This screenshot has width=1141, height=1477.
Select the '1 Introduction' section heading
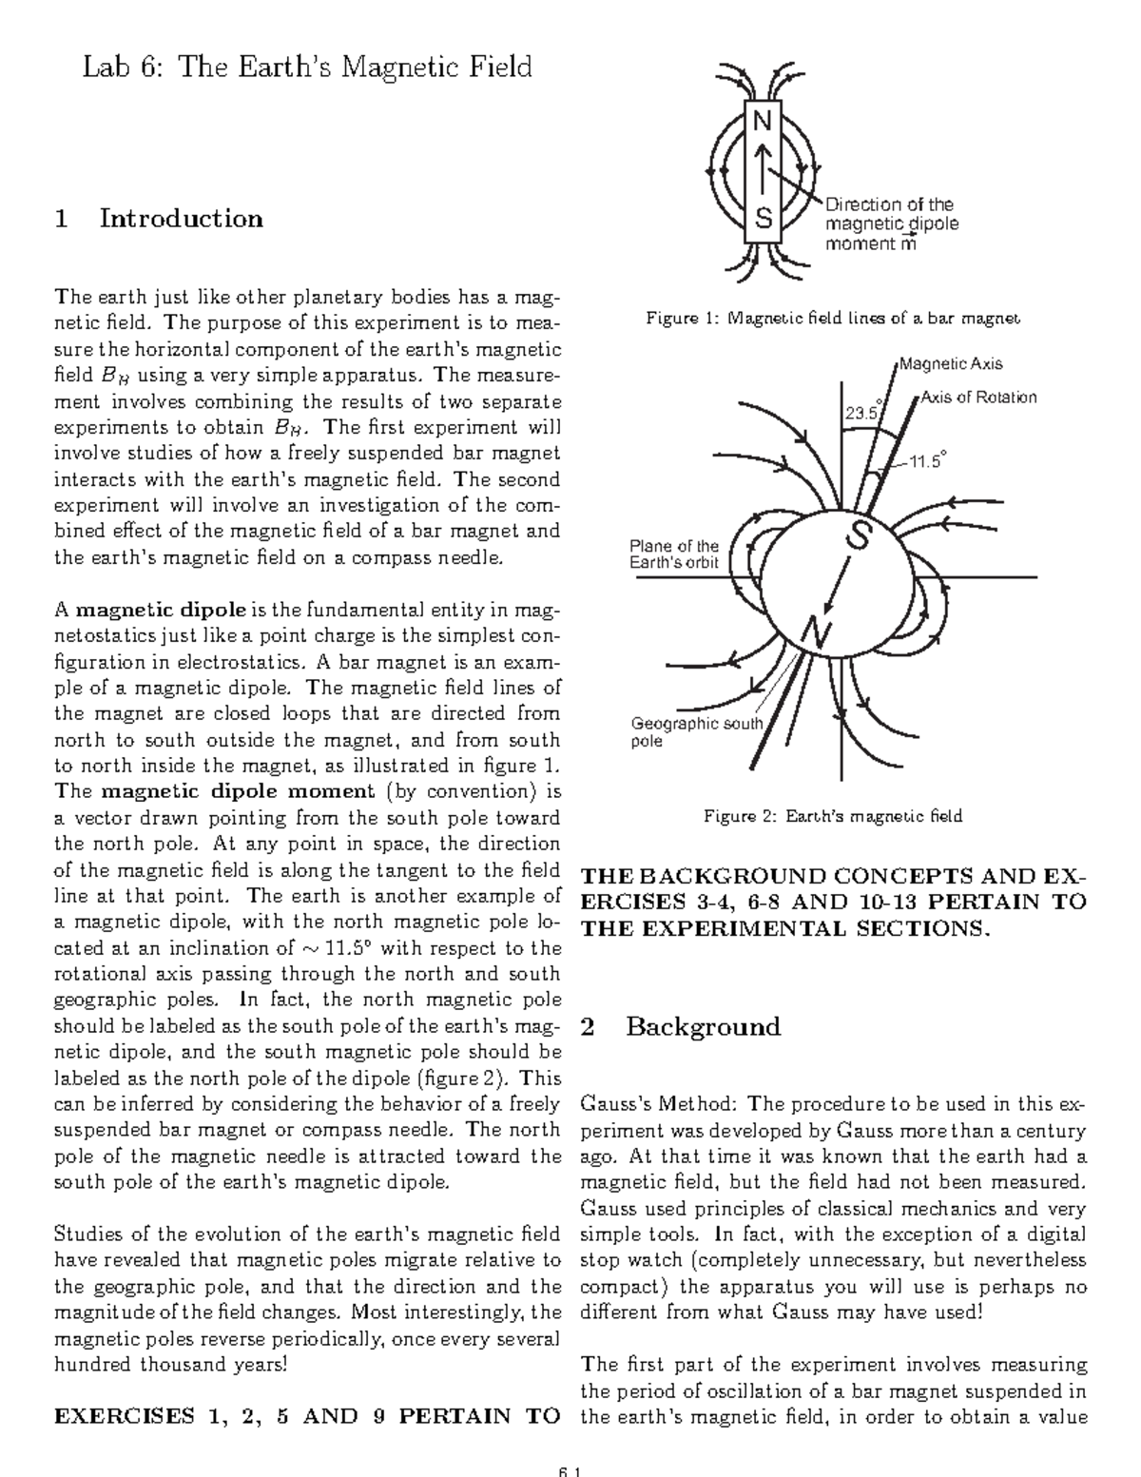pyautogui.click(x=159, y=219)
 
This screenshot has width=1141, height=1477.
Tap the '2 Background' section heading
pyautogui.click(x=680, y=1026)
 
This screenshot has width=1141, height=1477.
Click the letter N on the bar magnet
pyautogui.click(x=763, y=122)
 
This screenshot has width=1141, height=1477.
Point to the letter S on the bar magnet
pyautogui.click(x=763, y=219)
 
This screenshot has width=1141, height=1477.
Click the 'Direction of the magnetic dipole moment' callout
pyautogui.click(x=890, y=223)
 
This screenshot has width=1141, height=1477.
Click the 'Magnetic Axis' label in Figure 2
pyautogui.click(x=951, y=363)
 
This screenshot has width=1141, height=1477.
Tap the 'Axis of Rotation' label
pyautogui.click(x=978, y=398)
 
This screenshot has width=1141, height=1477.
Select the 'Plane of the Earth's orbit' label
pyautogui.click(x=675, y=554)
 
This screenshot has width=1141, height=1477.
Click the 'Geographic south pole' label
pyautogui.click(x=697, y=731)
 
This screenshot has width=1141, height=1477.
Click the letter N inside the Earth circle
pyautogui.click(x=814, y=631)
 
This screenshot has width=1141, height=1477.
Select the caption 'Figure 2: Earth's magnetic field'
pyautogui.click(x=833, y=815)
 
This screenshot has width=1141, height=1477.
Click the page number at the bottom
pyautogui.click(x=570, y=1469)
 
